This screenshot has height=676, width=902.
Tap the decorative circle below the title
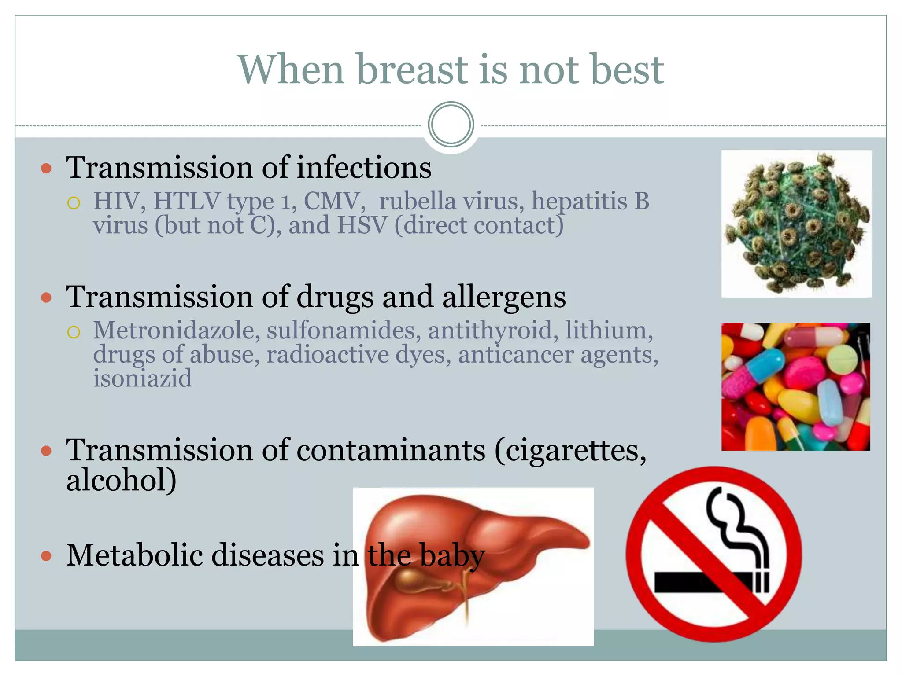[x=451, y=125]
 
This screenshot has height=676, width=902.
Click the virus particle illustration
[x=796, y=224]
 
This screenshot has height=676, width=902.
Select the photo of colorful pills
[x=795, y=386]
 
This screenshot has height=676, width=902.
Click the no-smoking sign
[x=713, y=554]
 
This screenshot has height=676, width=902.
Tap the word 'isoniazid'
[x=142, y=378]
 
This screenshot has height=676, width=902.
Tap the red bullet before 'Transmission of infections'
[x=46, y=168]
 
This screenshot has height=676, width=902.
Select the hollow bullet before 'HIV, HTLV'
[x=74, y=203]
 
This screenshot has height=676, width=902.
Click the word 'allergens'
[x=503, y=298]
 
